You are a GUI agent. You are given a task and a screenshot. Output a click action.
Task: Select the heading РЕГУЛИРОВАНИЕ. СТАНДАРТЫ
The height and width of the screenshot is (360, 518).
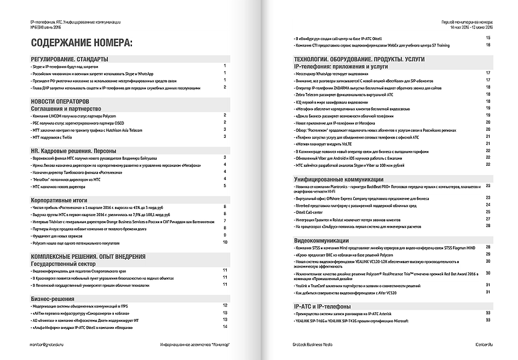(69, 59)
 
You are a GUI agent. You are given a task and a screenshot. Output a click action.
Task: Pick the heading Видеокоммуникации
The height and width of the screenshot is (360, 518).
(321, 240)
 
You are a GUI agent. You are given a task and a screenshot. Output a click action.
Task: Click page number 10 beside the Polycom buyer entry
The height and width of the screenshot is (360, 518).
(225, 241)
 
